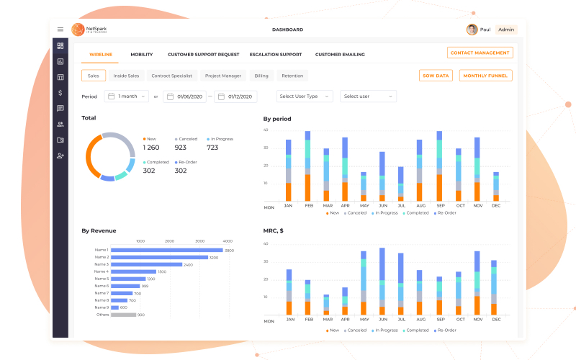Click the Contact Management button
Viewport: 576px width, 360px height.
point(480,53)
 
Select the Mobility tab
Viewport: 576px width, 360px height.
point(141,55)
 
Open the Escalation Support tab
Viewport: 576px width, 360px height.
point(275,55)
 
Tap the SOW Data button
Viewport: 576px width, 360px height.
point(436,76)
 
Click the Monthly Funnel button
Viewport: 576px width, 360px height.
point(485,76)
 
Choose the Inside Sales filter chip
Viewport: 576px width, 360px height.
point(126,76)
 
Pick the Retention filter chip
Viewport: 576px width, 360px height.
point(292,76)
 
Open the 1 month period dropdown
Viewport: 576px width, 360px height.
point(127,96)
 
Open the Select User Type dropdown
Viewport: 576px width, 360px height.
point(305,96)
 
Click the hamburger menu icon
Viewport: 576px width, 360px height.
point(60,30)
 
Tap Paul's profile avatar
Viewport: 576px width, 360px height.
point(472,30)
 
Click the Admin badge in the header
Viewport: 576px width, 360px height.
point(506,30)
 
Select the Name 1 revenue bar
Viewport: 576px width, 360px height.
point(166,250)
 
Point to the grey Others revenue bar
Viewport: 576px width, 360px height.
point(123,315)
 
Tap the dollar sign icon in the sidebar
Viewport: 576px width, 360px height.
point(60,92)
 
